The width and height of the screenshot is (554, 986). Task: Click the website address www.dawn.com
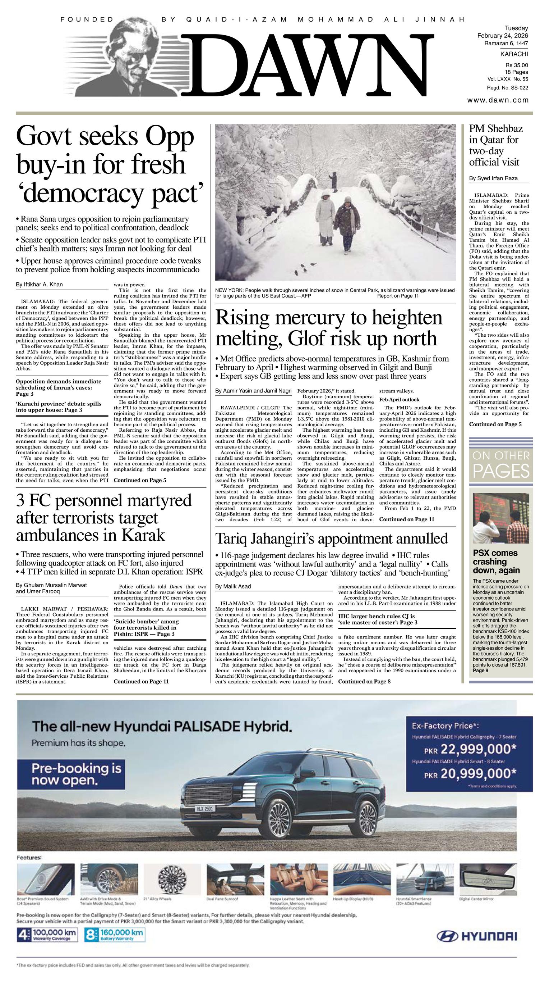[x=498, y=100]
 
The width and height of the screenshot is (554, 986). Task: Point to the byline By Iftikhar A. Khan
[x=40, y=285]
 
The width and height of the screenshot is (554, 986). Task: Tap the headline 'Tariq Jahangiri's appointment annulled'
[x=331, y=539]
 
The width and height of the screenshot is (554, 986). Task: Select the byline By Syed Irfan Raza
[x=493, y=178]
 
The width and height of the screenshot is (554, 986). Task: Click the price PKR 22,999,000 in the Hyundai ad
[x=470, y=749]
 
